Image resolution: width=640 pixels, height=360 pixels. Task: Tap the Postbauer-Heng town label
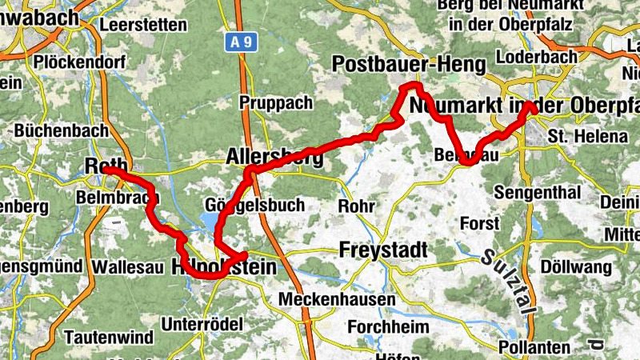pos(408,63)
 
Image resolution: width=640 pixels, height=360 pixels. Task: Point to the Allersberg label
pos(274,157)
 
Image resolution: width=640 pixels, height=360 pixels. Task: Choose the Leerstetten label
pos(143,25)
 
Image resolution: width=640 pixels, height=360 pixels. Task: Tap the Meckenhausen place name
pos(337,299)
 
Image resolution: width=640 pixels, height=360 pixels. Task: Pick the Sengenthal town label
pos(536,193)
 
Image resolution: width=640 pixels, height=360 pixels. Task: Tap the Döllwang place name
pos(574,266)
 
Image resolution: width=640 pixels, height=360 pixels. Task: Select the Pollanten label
pos(534,348)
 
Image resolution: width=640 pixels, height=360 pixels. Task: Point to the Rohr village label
pos(356,206)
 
